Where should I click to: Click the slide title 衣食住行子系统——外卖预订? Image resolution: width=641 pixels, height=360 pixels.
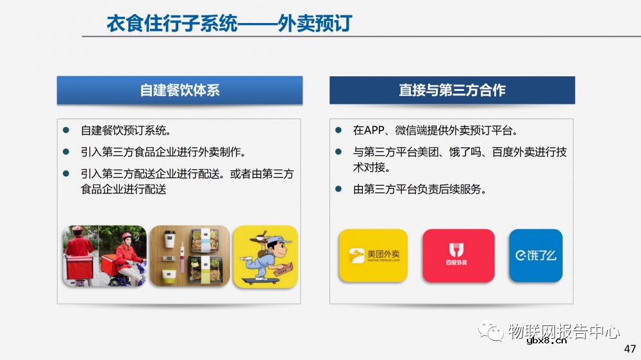pyautogui.click(x=229, y=24)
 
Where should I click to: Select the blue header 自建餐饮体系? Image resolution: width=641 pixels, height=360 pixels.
pyautogui.click(x=179, y=90)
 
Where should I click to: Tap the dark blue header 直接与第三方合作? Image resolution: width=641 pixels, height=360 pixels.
pyautogui.click(x=452, y=90)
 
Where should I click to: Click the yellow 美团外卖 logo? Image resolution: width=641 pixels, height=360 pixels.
pyautogui.click(x=373, y=255)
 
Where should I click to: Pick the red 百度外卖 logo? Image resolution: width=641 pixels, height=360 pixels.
pyautogui.click(x=458, y=255)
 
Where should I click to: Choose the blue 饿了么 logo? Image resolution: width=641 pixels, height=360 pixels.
pyautogui.click(x=535, y=255)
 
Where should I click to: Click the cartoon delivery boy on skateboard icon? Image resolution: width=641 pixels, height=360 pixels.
pyautogui.click(x=265, y=256)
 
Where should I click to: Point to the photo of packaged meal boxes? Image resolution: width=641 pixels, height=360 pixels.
pyautogui.click(x=190, y=256)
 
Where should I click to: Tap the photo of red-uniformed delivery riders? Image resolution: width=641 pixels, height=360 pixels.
pyautogui.click(x=104, y=256)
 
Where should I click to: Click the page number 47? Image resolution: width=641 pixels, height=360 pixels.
pyautogui.click(x=629, y=349)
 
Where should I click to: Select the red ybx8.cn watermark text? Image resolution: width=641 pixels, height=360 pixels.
pyautogui.click(x=545, y=341)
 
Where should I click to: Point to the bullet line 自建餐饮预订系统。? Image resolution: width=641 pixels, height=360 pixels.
pyautogui.click(x=126, y=131)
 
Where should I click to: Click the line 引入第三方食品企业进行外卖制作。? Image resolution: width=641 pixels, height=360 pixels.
pyautogui.click(x=163, y=152)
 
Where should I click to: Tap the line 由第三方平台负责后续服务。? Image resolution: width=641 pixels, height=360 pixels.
pyautogui.click(x=420, y=190)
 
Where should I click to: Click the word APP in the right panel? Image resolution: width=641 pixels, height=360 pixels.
pyautogui.click(x=373, y=131)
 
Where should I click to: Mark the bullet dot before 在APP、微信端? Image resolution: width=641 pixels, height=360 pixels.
pyautogui.click(x=338, y=131)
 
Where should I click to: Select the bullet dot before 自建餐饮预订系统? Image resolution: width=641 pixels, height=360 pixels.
pyautogui.click(x=66, y=131)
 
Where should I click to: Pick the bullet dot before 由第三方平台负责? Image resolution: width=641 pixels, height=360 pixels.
pyautogui.click(x=338, y=190)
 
